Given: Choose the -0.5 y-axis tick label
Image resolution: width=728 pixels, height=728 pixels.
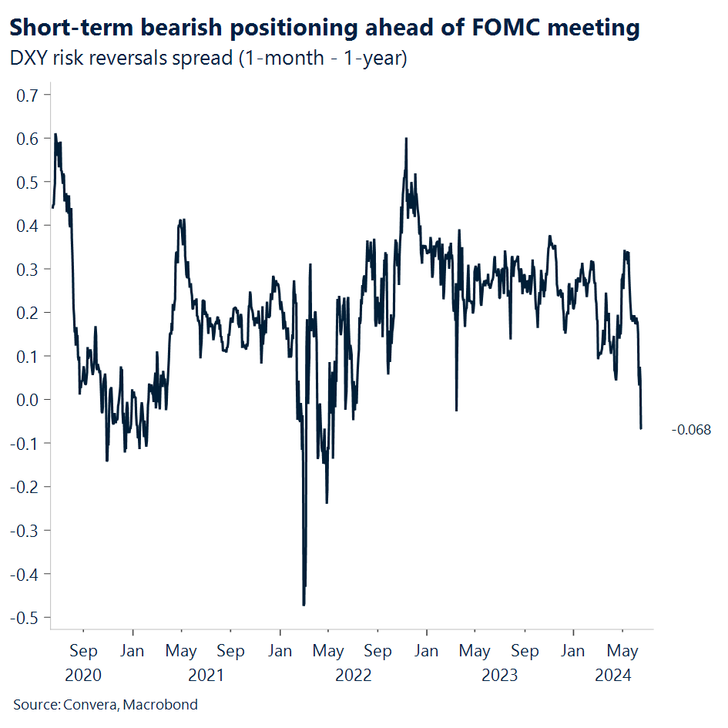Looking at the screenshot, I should [27, 617].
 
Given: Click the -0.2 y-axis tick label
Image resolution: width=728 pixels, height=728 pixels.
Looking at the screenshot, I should [27, 486].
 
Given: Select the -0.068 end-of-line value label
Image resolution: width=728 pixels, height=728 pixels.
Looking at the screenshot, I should [691, 429].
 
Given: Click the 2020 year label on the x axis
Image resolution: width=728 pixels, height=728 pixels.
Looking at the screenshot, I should [83, 676].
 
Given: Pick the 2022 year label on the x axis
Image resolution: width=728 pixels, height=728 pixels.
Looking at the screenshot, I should [353, 676].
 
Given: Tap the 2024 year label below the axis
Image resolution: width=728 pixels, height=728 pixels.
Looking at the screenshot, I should [614, 676].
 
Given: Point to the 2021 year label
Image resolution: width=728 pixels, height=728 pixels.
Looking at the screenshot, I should [206, 676].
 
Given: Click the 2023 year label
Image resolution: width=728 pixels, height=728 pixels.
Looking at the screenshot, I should [500, 676].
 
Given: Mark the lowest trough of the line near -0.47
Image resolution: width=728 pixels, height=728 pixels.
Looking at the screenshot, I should [304, 605].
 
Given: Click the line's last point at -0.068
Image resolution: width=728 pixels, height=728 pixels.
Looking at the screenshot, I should [641, 428].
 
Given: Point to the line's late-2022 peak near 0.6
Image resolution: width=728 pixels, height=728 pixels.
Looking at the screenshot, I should [405, 139].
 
